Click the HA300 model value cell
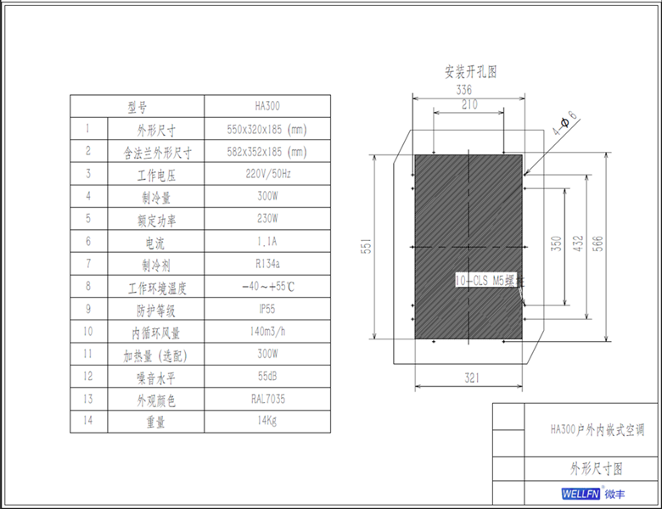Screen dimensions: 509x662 click(267, 107)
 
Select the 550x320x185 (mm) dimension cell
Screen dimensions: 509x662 click(267, 130)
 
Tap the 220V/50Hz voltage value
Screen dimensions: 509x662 click(267, 175)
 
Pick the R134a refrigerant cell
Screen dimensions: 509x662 click(267, 264)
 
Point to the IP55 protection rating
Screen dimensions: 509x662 click(267, 309)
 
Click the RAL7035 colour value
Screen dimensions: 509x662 click(267, 398)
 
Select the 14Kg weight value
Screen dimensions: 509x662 click(267, 420)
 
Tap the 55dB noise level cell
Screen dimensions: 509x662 click(267, 376)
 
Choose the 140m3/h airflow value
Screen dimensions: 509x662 click(267, 331)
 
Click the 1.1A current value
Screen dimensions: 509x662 click(267, 241)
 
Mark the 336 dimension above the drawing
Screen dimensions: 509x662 click(464, 89)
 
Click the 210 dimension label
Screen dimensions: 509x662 click(469, 104)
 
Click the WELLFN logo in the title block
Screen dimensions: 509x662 click(581, 494)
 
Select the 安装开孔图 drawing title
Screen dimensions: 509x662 click(470, 71)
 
